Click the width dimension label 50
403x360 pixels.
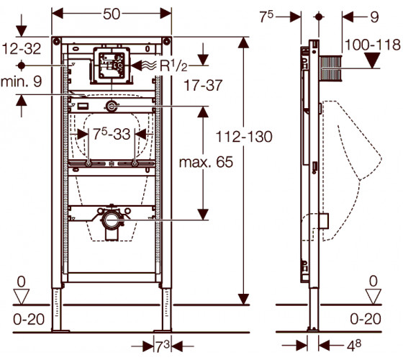pyautogui.click(x=112, y=14)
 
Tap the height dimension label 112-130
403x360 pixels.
pyautogui.click(x=244, y=137)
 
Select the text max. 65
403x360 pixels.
pyautogui.click(x=206, y=162)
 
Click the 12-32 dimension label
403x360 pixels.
pyautogui.click(x=22, y=49)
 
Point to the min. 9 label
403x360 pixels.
pyautogui.click(x=22, y=82)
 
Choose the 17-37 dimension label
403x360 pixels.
pyautogui.click(x=203, y=86)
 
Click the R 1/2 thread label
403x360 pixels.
pyautogui.click(x=173, y=66)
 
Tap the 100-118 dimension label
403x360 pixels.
pyautogui.click(x=373, y=45)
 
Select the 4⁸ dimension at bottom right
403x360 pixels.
pyautogui.click(x=354, y=346)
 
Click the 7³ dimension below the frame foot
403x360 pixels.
pyautogui.click(x=162, y=346)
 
